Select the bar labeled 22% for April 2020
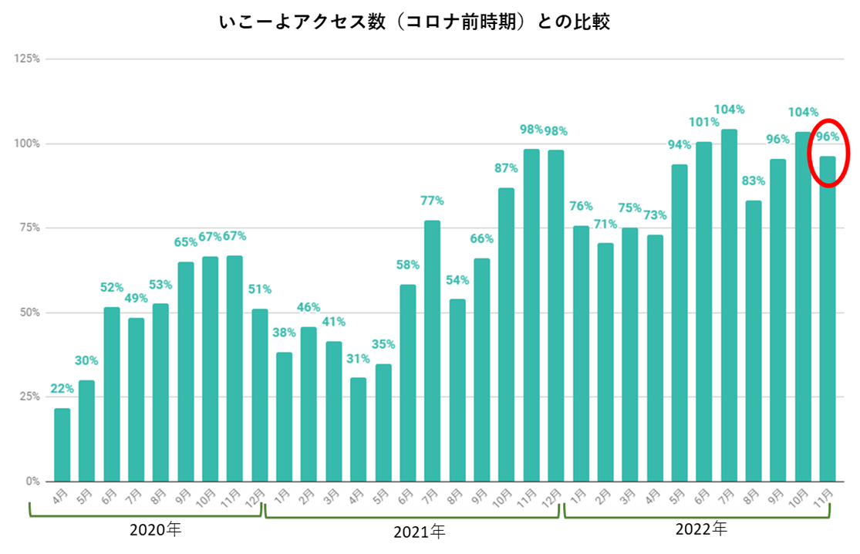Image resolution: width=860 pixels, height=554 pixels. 62,444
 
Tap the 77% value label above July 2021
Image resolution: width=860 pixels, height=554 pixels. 432,201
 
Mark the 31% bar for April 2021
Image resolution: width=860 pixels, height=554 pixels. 358,429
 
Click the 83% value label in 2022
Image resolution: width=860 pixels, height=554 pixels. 754,181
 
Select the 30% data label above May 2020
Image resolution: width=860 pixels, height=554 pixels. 86,361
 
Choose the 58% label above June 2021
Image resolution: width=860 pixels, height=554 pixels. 407,265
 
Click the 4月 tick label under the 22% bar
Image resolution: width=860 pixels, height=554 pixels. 60,495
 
